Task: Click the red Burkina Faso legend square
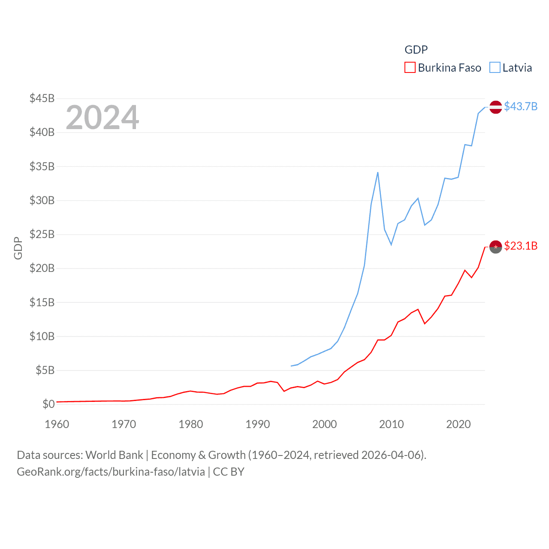click(x=410, y=68)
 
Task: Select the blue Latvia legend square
click(x=495, y=68)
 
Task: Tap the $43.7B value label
click(x=521, y=106)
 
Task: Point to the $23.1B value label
click(x=521, y=246)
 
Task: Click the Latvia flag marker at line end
click(x=496, y=107)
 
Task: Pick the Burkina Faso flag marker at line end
click(x=496, y=247)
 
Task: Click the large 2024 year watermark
click(x=103, y=118)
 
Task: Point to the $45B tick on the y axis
click(x=42, y=98)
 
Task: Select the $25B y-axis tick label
click(x=42, y=234)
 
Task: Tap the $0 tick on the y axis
click(x=48, y=404)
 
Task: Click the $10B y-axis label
click(x=42, y=336)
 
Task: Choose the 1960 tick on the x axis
click(x=57, y=424)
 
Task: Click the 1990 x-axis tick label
click(x=258, y=424)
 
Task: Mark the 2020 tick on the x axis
click(x=459, y=424)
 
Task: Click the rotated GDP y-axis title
click(x=18, y=248)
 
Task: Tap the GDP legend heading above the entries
click(x=416, y=50)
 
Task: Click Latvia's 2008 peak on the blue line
click(x=378, y=172)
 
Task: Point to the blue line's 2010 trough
click(x=391, y=244)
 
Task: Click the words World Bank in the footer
click(x=114, y=455)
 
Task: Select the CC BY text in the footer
click(x=229, y=472)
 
